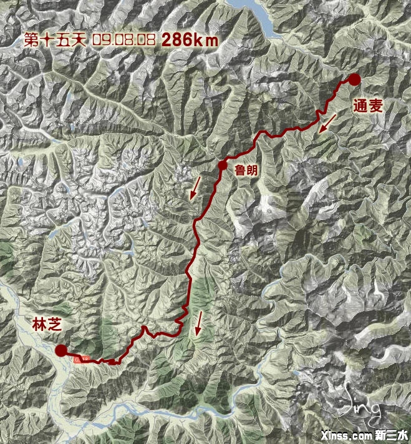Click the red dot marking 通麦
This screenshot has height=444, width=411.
click(354, 79)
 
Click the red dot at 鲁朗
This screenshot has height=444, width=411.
click(222, 165)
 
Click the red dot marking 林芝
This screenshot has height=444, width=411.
click(61, 350)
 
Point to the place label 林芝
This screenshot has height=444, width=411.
click(47, 324)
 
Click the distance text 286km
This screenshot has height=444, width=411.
click(190, 40)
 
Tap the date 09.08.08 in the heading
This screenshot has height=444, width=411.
click(123, 40)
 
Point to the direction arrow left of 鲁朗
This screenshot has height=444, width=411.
click(196, 187)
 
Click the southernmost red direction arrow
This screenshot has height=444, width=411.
click(199, 323)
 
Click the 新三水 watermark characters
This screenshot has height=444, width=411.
click(390, 435)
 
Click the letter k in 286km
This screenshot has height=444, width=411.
click(200, 40)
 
